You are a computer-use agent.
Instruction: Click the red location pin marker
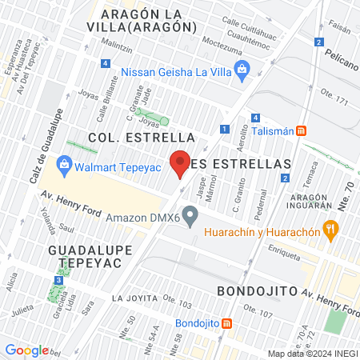pos(181,162)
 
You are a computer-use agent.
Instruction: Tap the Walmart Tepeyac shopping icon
pos(64,168)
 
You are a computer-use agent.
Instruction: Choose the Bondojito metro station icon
pos(227,324)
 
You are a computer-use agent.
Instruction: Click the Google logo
pos(27,350)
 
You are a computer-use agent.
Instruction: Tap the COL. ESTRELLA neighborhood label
pos(142,137)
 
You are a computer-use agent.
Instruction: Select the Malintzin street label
pos(117,49)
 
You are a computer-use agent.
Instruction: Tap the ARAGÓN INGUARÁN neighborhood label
pos(310,204)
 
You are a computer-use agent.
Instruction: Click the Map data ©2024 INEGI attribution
pos(312,354)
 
